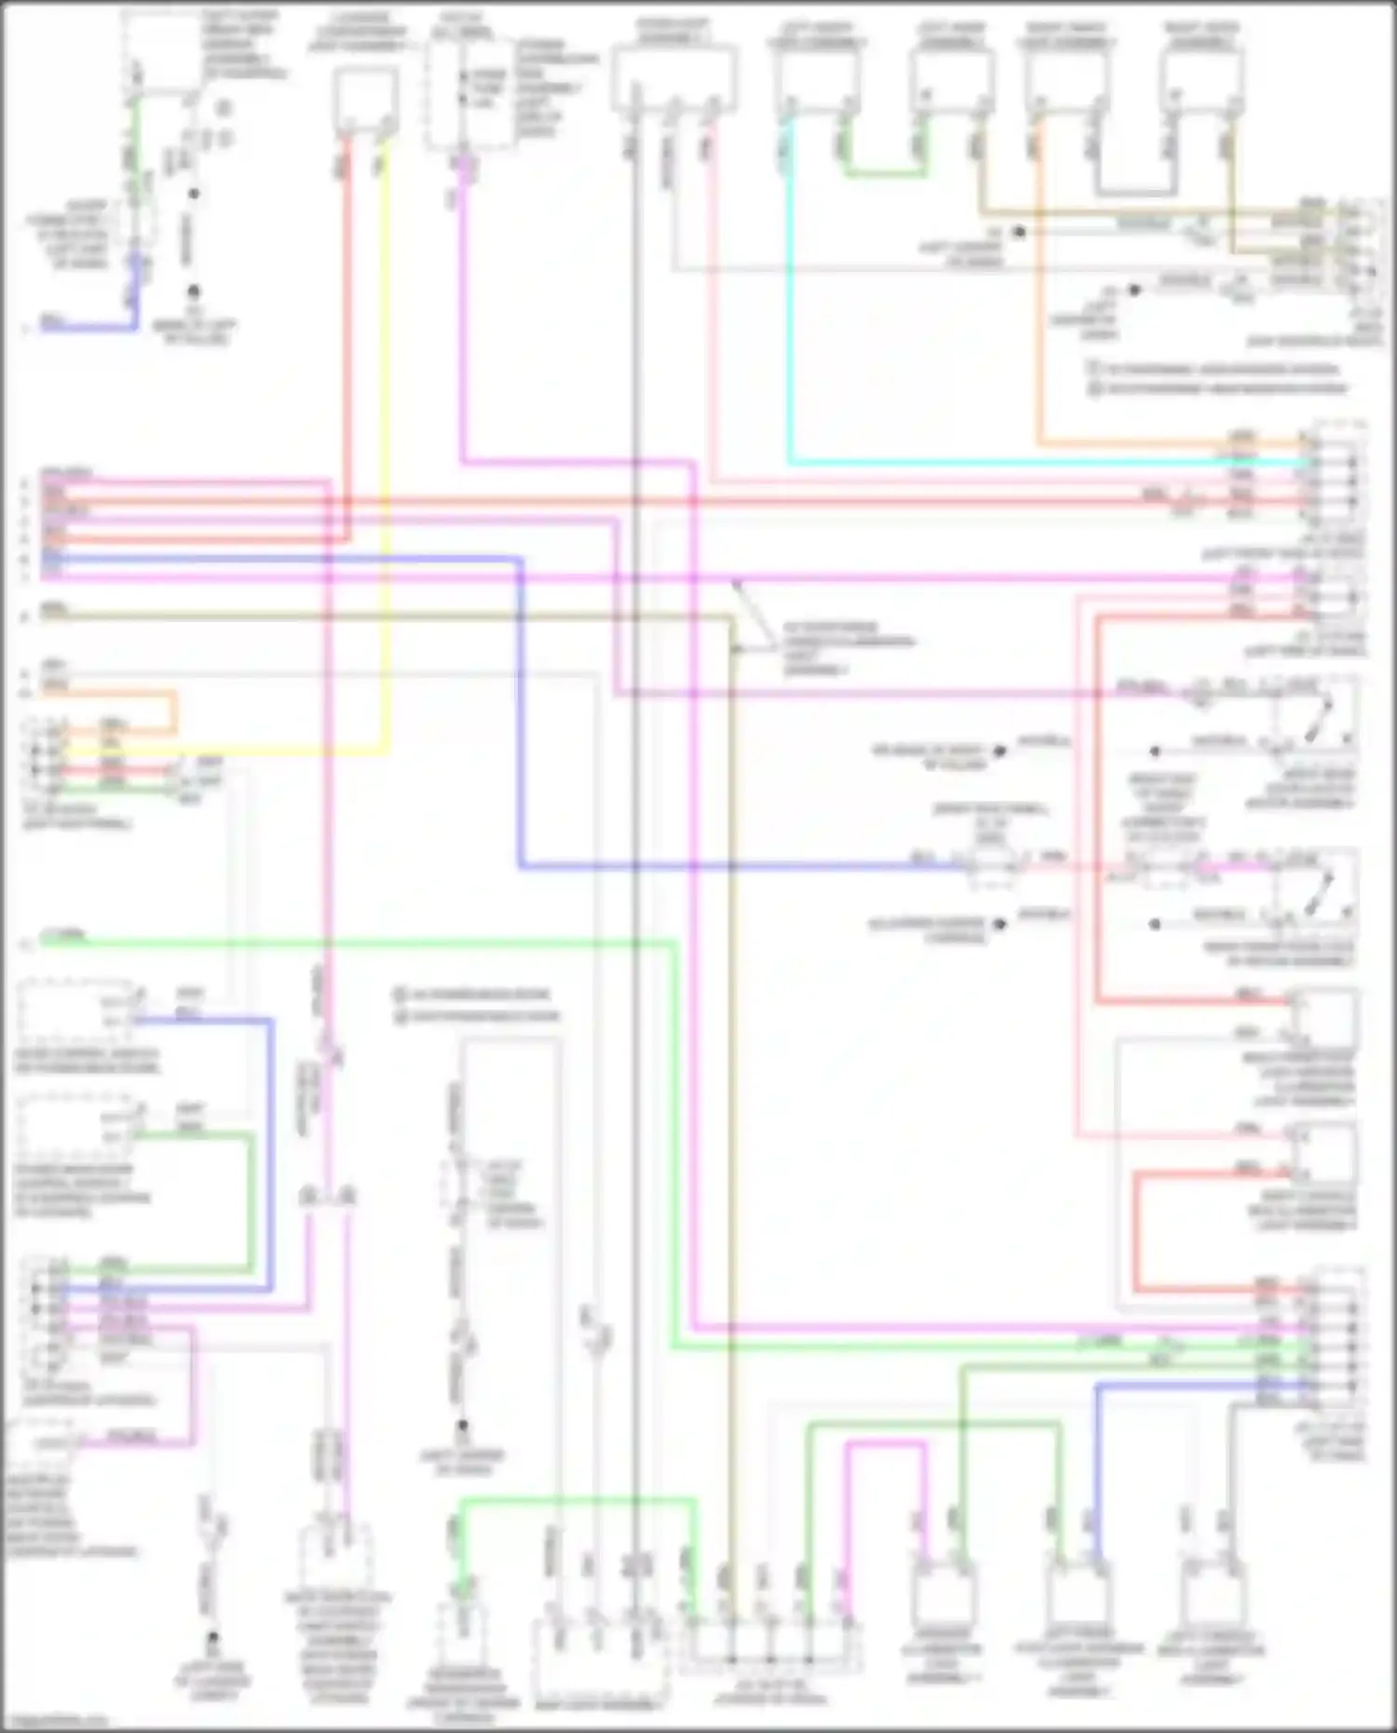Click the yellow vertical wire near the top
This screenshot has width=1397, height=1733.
point(386,447)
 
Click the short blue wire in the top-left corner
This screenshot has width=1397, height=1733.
point(88,327)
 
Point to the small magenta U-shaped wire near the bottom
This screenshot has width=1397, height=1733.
point(886,1444)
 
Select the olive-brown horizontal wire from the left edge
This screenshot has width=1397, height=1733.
point(373,616)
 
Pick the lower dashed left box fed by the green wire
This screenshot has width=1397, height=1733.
point(75,1127)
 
